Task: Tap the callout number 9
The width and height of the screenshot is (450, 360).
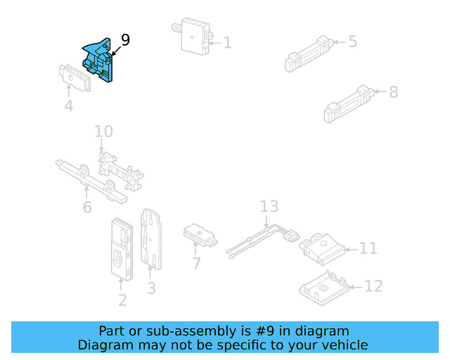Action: tap(125, 40)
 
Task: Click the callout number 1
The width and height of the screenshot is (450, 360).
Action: tap(226, 43)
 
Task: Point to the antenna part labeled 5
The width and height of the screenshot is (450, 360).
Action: tap(308, 53)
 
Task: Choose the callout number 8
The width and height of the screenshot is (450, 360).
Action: tap(393, 91)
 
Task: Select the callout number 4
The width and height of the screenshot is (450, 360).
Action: tap(68, 107)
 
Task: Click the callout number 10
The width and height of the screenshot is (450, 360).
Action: tap(103, 131)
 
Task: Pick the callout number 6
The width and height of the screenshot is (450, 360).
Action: tap(86, 207)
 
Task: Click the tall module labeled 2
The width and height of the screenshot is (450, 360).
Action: tap(121, 249)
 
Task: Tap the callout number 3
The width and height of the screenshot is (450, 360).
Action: tap(151, 288)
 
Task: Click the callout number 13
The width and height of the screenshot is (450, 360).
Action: tap(269, 207)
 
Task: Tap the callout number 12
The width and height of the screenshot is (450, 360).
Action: tap(374, 286)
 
